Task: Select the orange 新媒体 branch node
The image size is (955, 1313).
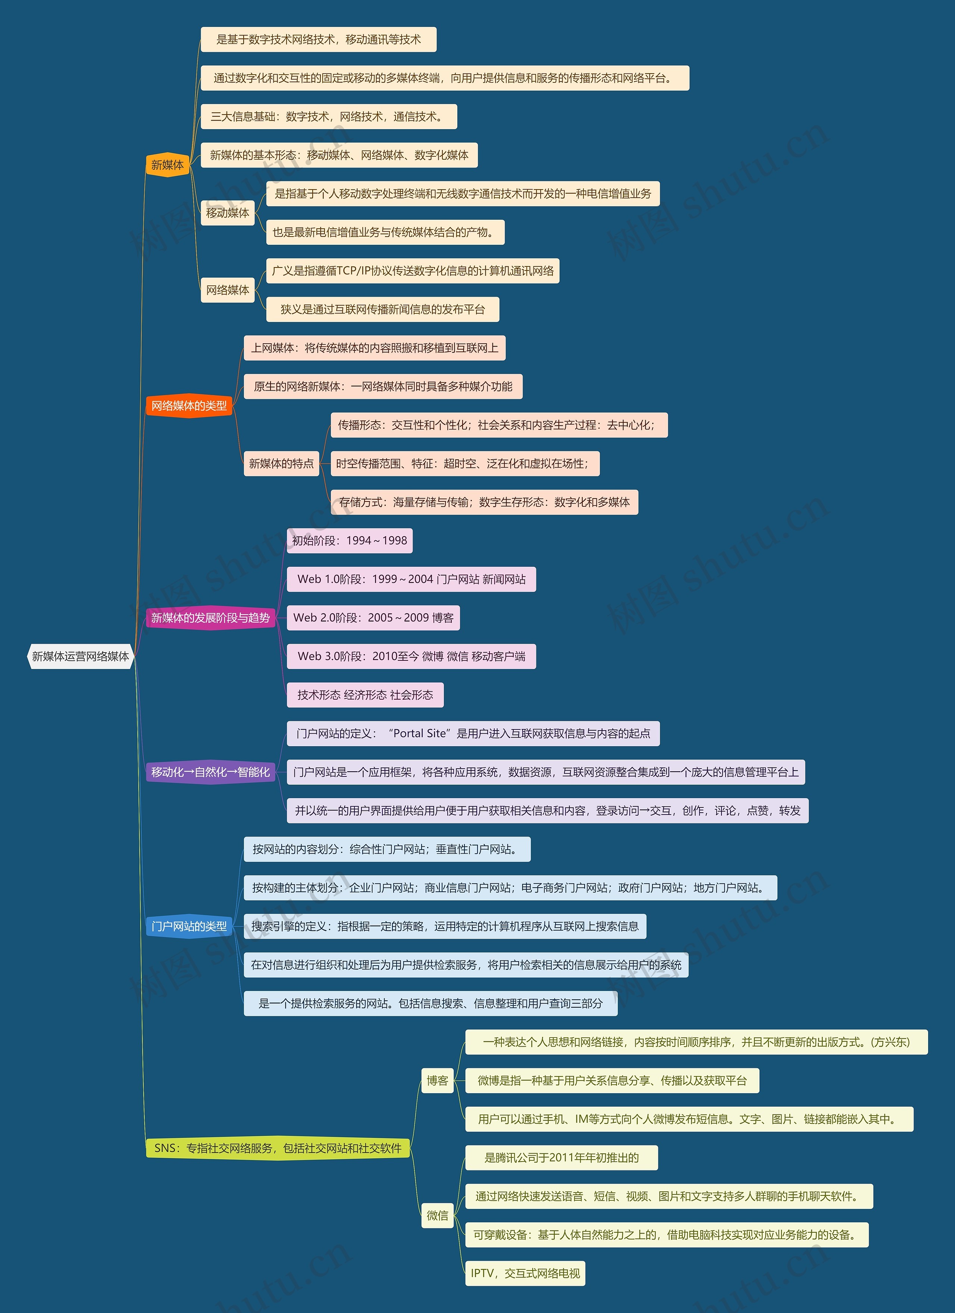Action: tap(167, 165)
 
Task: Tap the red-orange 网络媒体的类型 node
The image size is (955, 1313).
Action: tap(189, 406)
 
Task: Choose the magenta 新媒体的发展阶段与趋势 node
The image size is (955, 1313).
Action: tap(210, 618)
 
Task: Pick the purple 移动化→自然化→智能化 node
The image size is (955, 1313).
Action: tap(210, 772)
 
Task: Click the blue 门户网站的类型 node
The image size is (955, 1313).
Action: tap(189, 926)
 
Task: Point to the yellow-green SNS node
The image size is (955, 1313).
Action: tap(278, 1148)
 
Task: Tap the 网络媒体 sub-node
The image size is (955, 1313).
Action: tap(228, 290)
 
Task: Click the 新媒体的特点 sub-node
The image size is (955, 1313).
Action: tap(281, 463)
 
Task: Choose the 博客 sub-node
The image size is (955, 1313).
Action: tap(438, 1080)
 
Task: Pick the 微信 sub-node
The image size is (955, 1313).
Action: tap(438, 1215)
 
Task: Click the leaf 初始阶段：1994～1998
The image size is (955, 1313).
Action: tap(350, 541)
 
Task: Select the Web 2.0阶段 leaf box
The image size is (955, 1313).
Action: tap(373, 618)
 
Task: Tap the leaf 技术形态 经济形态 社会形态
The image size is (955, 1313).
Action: tap(365, 695)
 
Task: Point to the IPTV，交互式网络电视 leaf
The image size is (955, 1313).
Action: tap(525, 1273)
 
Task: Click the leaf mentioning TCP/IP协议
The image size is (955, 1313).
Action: tap(413, 271)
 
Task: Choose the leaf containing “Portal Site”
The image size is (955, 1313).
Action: tap(473, 734)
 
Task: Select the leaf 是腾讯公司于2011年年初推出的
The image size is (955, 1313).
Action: tap(561, 1157)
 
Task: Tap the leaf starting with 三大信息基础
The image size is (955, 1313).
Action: tap(328, 116)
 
